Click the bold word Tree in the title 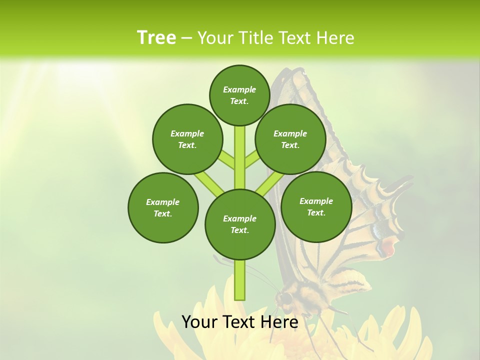click(156, 38)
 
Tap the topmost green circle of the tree click(239, 95)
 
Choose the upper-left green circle click(187, 139)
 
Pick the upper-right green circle click(290, 139)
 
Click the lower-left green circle click(163, 207)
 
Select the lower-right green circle click(316, 206)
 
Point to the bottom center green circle click(240, 224)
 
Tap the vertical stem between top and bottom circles click(240, 157)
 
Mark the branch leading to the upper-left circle click(226, 160)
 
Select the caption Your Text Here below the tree click(240, 322)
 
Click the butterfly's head click(285, 298)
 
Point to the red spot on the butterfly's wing click(388, 246)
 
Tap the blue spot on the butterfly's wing click(376, 230)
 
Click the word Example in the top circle click(239, 90)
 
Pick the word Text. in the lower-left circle click(163, 213)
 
